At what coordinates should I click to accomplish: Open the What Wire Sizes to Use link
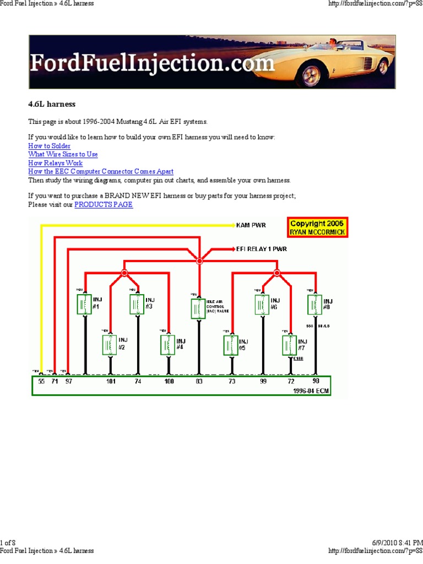click(63, 155)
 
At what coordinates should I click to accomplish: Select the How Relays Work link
click(55, 163)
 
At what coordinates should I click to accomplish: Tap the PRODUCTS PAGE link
click(104, 204)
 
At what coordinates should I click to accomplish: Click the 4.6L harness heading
click(52, 104)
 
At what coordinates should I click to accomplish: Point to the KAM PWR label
click(251, 225)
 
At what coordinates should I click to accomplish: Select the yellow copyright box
click(317, 227)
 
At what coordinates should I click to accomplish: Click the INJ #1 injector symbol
click(85, 304)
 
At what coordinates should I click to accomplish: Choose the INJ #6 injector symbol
click(262, 304)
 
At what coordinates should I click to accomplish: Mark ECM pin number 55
click(41, 381)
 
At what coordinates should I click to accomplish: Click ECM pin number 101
click(111, 381)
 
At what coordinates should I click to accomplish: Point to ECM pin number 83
click(199, 381)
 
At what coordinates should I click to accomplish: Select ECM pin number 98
click(316, 381)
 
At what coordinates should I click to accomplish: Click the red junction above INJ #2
click(124, 273)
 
